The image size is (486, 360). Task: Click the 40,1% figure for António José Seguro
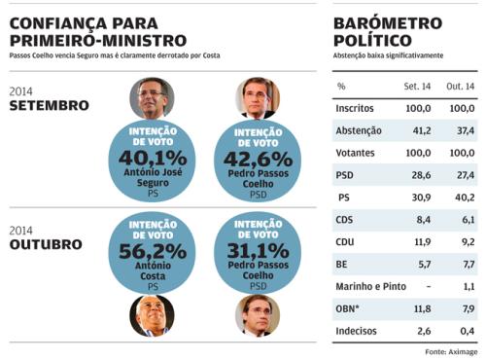[153, 159]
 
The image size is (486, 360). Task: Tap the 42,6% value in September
[258, 160]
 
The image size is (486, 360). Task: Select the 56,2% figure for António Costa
[153, 251]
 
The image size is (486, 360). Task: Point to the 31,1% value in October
[258, 251]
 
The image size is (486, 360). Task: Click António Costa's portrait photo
[152, 315]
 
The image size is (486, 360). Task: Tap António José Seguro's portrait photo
[152, 97]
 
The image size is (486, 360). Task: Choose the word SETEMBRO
[50, 106]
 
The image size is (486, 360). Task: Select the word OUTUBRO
[46, 245]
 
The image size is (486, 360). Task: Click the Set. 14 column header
[417, 87]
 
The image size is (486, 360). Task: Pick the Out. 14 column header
[460, 87]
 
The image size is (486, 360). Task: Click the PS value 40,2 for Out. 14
[465, 198]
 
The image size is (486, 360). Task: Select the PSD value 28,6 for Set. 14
[421, 175]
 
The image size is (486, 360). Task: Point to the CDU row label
[345, 242]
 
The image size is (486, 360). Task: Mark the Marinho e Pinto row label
[370, 286]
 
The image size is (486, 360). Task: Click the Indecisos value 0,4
[468, 331]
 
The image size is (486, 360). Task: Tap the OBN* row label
[347, 308]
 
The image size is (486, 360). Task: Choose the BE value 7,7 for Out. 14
[469, 265]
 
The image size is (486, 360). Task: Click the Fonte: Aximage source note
[451, 352]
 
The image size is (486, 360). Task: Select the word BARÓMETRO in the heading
[388, 23]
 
